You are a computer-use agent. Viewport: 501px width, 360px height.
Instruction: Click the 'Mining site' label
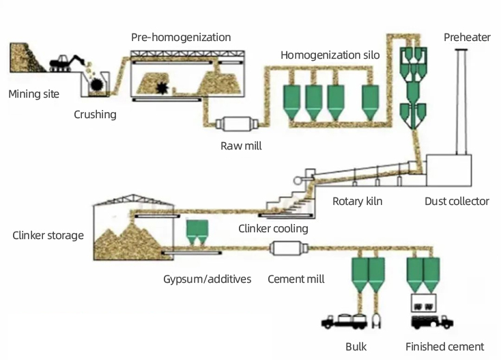click(x=33, y=94)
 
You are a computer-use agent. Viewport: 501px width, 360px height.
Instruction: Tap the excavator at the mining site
click(x=66, y=61)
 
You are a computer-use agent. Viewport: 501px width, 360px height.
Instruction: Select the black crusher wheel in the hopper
click(x=98, y=85)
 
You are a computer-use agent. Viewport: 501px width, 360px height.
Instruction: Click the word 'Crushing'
click(x=95, y=114)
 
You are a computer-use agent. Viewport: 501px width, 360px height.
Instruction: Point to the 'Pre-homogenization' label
click(x=181, y=37)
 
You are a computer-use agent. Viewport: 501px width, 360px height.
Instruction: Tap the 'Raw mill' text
click(x=241, y=146)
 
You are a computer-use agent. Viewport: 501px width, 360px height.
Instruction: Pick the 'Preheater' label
click(x=467, y=37)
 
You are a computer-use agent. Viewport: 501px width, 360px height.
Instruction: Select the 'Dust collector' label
click(x=457, y=201)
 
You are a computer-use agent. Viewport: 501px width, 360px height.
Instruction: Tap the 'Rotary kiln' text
click(x=357, y=201)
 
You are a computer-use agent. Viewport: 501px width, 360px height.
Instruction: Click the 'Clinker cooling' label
click(x=273, y=228)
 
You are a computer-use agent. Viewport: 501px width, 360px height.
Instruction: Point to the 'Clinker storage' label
click(x=48, y=236)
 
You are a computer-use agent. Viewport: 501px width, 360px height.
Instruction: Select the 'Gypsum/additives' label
click(x=207, y=279)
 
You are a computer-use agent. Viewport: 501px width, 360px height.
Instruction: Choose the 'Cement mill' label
click(x=296, y=279)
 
